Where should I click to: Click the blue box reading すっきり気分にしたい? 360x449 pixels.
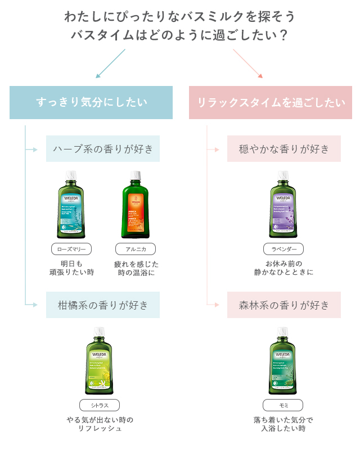[x=91, y=102]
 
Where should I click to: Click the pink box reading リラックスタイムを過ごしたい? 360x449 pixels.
[x=270, y=102]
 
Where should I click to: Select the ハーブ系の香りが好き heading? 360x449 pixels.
[x=103, y=149]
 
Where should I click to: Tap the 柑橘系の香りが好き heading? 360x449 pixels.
[x=103, y=305]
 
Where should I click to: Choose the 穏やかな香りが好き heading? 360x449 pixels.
[x=284, y=149]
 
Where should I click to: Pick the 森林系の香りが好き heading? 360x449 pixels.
[x=284, y=305]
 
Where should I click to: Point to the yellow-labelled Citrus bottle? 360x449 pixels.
[x=99, y=362]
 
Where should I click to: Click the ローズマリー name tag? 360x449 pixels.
[x=71, y=249]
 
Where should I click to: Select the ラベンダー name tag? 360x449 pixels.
[x=283, y=249]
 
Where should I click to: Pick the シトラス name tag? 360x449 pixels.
[x=99, y=405]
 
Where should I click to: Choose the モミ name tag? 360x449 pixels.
[x=283, y=405]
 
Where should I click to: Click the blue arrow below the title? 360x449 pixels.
[x=110, y=63]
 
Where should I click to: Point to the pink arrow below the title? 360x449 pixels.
[x=247, y=63]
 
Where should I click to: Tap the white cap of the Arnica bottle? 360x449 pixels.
[x=135, y=175]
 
